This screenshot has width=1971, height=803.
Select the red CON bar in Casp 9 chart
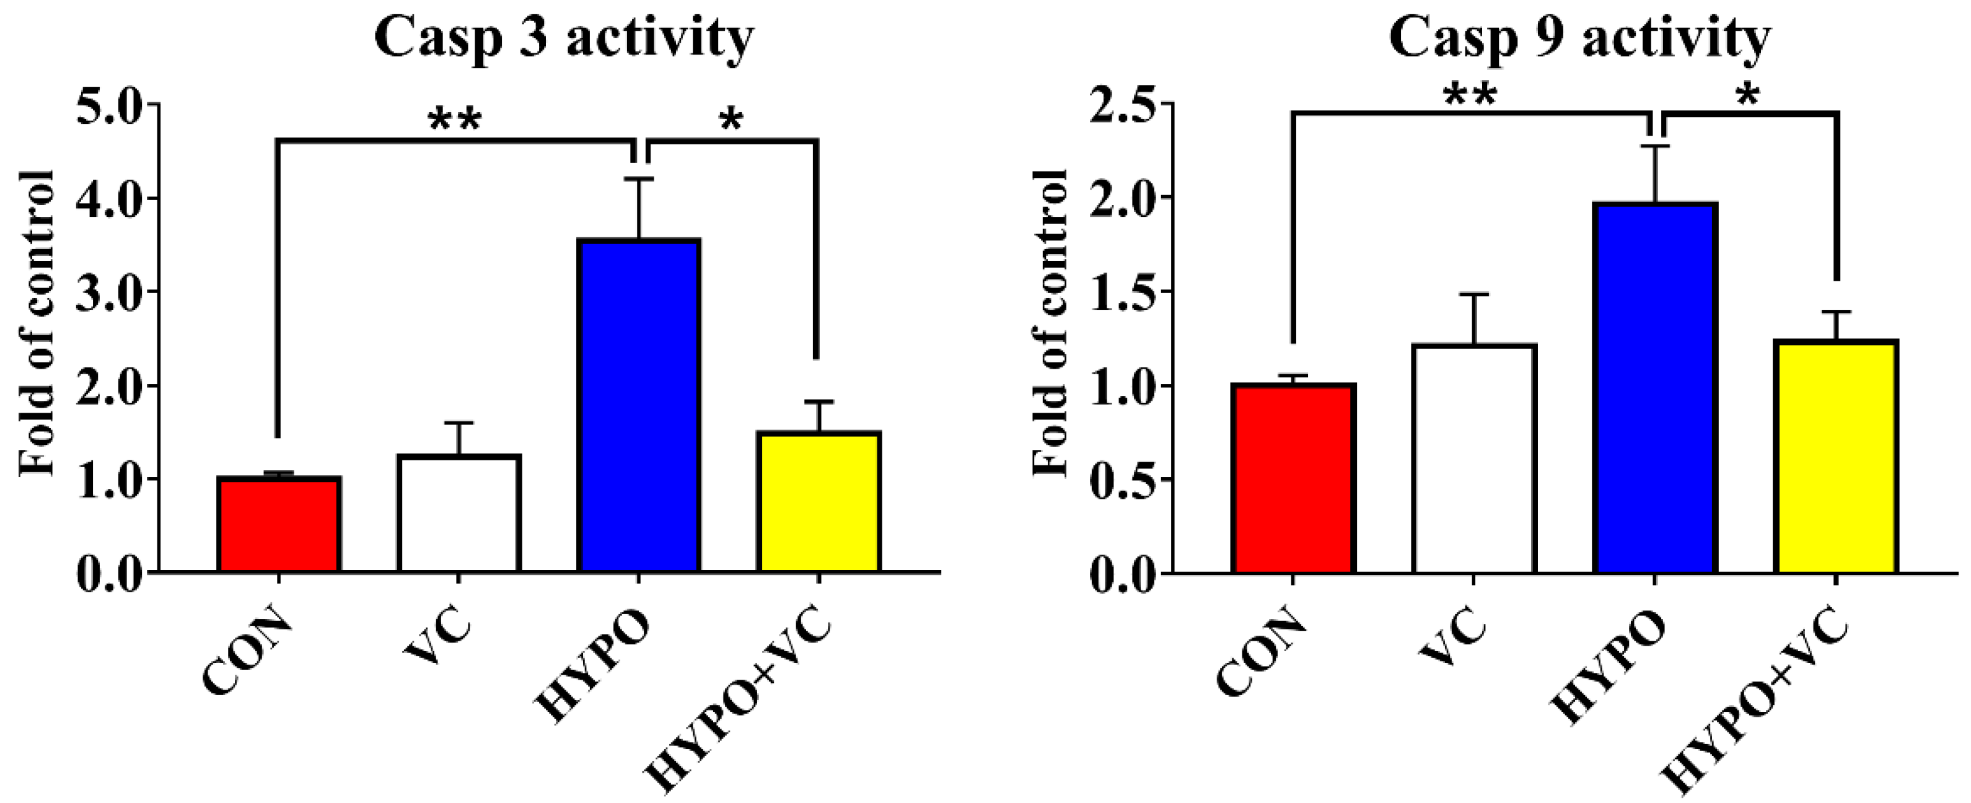tap(1293, 478)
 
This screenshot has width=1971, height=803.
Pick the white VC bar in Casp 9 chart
tap(1473, 459)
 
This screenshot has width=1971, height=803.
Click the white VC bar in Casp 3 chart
tap(459, 513)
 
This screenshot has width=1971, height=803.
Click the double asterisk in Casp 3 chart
tap(455, 121)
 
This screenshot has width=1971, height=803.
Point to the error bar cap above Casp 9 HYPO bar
tap(1655, 146)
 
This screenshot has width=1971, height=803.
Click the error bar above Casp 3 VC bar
tap(459, 437)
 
